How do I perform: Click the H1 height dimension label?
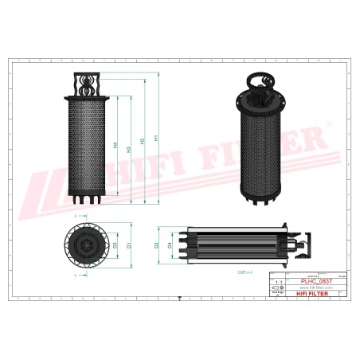[156, 139]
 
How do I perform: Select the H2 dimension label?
[143, 141]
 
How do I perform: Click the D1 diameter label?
[127, 246]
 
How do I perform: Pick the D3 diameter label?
[116, 246]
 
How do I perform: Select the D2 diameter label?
[157, 245]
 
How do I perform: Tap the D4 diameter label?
[169, 245]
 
